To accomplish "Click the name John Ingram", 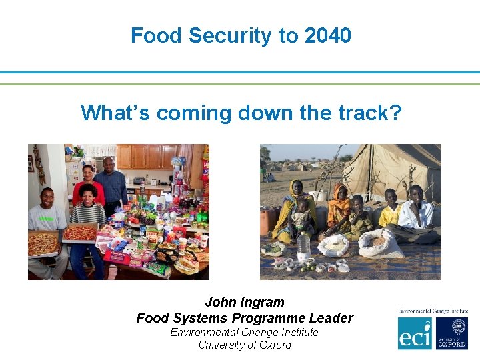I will coord(245,303).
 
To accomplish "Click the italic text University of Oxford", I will coord(245,345).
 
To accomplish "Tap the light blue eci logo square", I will coord(415,333).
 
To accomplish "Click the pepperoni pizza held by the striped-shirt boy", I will coord(80,232).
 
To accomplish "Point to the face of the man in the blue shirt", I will coord(109,164).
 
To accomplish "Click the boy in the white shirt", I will coord(419,213).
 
